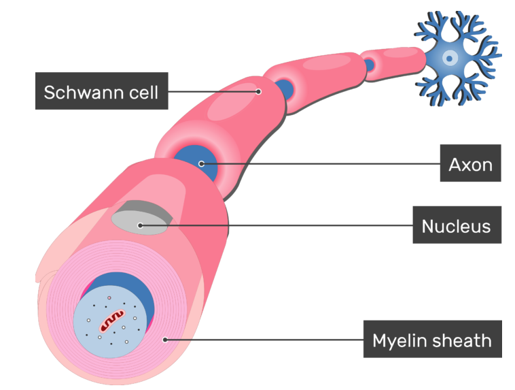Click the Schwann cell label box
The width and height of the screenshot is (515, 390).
101,92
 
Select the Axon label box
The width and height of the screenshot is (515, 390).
470,163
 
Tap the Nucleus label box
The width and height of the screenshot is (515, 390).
457,225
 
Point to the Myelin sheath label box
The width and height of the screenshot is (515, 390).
432,339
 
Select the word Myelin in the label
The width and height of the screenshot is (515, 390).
401,339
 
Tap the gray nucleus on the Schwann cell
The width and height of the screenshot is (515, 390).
140,221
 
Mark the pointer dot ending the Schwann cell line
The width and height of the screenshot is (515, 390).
259,91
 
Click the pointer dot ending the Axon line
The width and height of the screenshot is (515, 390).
201,163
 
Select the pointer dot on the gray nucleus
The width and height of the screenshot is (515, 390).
140,225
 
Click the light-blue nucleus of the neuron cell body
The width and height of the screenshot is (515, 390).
450,57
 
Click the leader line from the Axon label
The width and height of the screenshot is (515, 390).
319,163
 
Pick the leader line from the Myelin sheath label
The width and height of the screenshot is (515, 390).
265,338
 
